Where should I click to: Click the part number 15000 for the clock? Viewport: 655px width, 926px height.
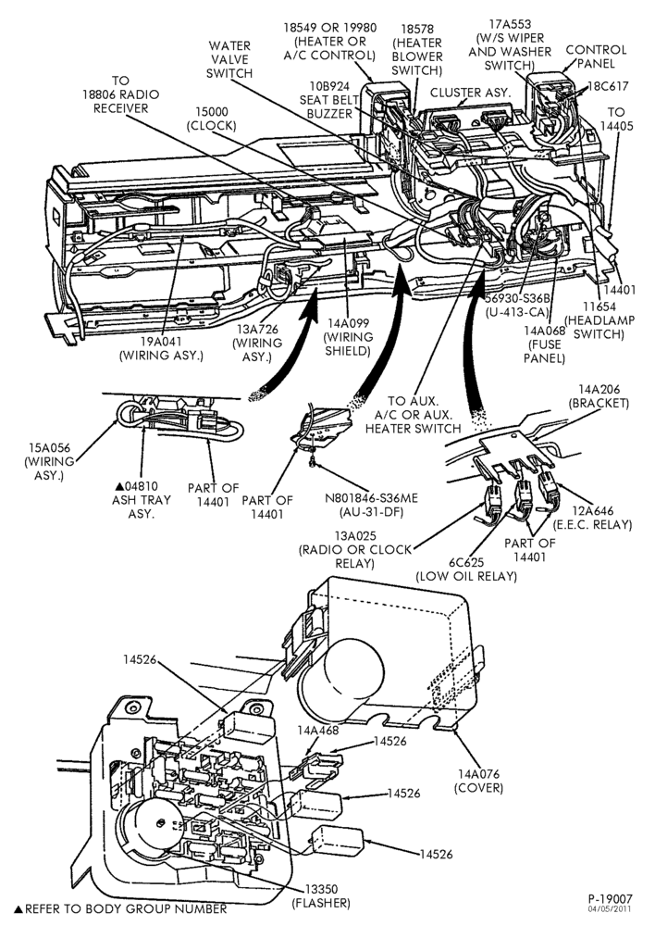[211, 112]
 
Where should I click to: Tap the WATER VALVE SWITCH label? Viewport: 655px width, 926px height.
[229, 59]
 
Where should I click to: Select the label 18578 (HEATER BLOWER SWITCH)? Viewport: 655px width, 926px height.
[416, 50]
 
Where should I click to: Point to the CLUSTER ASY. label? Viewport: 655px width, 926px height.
[470, 93]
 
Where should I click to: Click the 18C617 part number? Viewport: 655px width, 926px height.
[607, 85]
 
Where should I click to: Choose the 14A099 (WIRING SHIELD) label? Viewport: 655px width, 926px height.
[350, 337]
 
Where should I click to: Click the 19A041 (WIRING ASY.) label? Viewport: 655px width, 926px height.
[161, 348]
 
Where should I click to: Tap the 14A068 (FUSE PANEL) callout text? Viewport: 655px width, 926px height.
[543, 344]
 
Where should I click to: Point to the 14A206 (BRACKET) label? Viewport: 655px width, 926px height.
[599, 396]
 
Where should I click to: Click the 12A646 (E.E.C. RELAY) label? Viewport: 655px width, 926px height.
[591, 518]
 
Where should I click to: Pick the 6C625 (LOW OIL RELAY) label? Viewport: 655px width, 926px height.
[466, 569]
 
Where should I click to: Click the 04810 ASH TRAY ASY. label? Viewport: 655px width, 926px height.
[141, 500]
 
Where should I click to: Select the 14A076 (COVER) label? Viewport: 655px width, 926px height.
[478, 781]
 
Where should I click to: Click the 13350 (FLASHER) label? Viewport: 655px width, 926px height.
[321, 895]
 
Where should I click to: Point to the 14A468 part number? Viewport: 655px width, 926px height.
[318, 730]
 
